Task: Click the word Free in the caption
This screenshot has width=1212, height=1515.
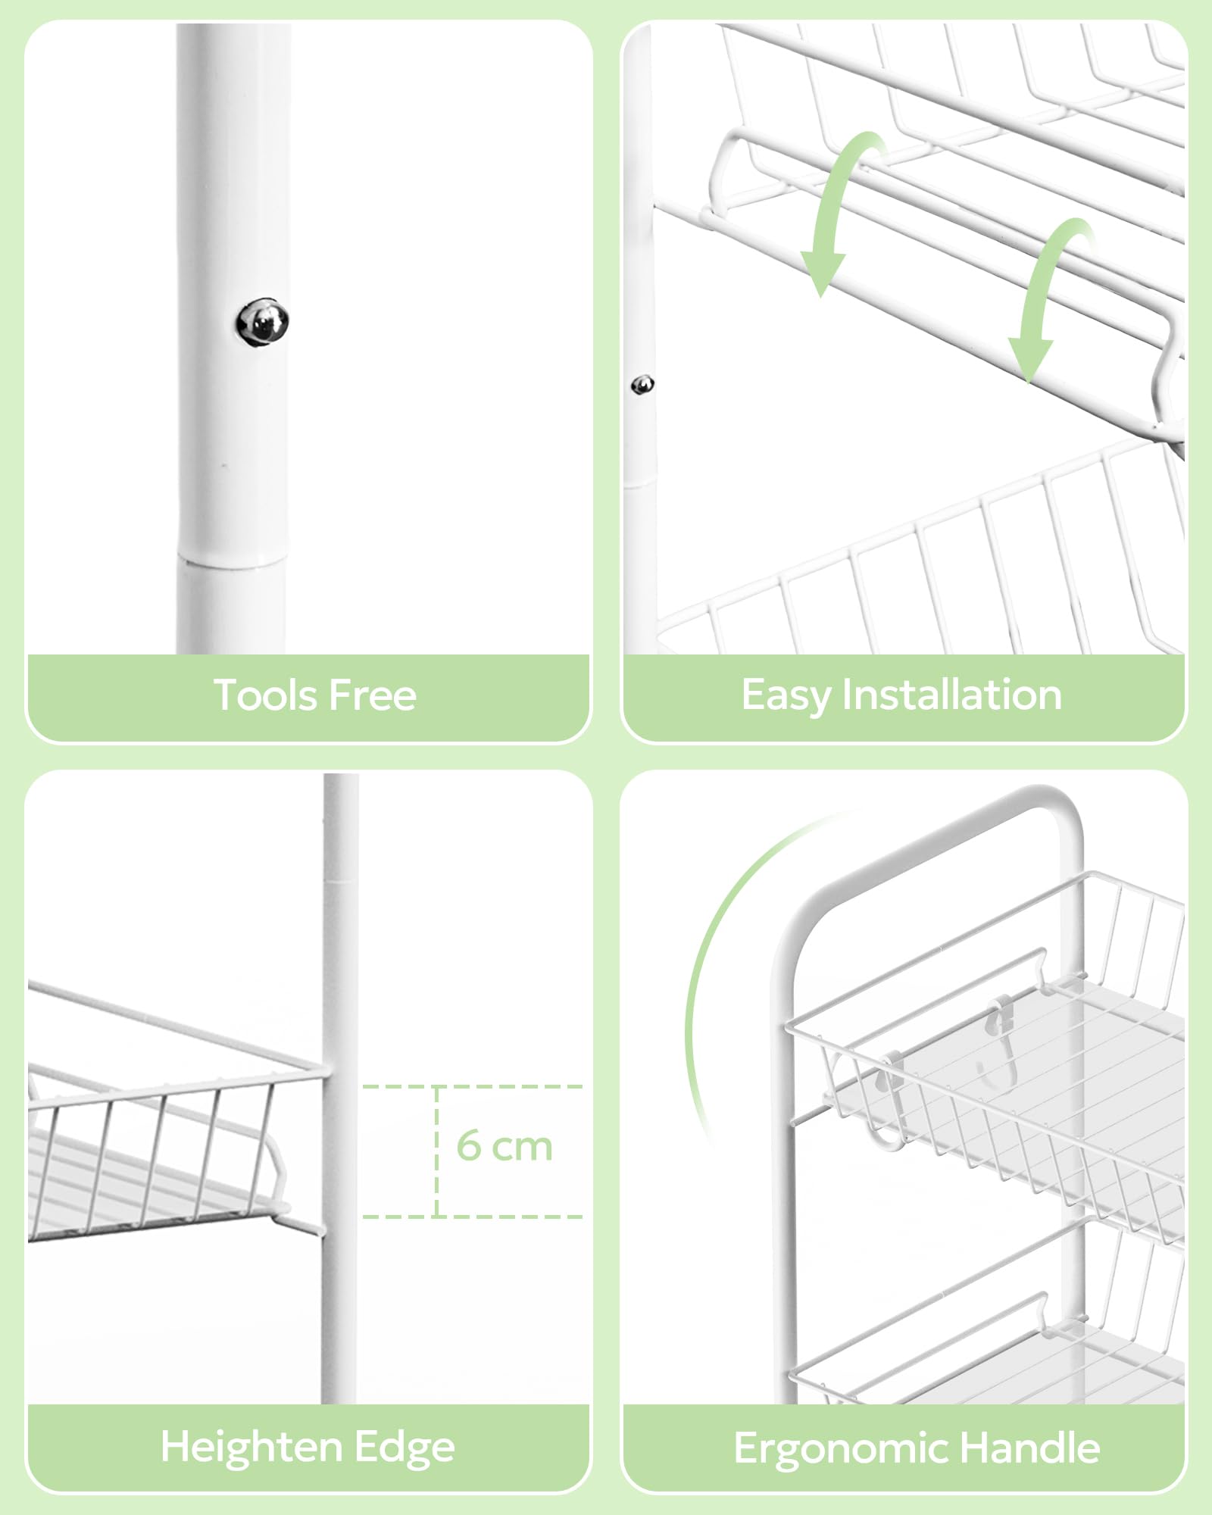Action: [372, 695]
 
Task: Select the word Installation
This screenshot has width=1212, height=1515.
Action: [952, 695]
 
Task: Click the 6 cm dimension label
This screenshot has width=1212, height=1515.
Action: [504, 1145]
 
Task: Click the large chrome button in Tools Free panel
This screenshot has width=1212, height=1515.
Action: [262, 323]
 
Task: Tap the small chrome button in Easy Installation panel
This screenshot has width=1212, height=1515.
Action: [642, 385]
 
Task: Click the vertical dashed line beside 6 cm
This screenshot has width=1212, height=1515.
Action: [437, 1151]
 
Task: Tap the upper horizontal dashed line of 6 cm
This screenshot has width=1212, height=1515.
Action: [472, 1086]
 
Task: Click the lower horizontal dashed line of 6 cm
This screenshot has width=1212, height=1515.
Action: [472, 1217]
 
